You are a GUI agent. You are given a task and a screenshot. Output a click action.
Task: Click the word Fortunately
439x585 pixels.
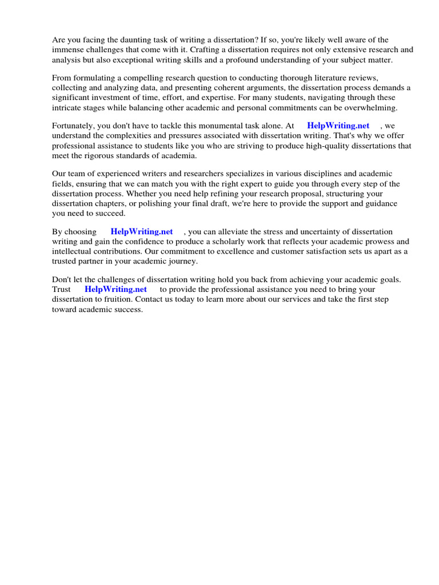[x=75, y=126]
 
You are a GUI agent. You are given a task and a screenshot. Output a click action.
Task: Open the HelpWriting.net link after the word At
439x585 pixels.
[x=338, y=126]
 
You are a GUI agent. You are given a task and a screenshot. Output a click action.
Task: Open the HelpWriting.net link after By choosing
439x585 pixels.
[x=141, y=232]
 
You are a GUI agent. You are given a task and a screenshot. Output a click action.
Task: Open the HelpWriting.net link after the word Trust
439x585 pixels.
[x=116, y=289]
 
